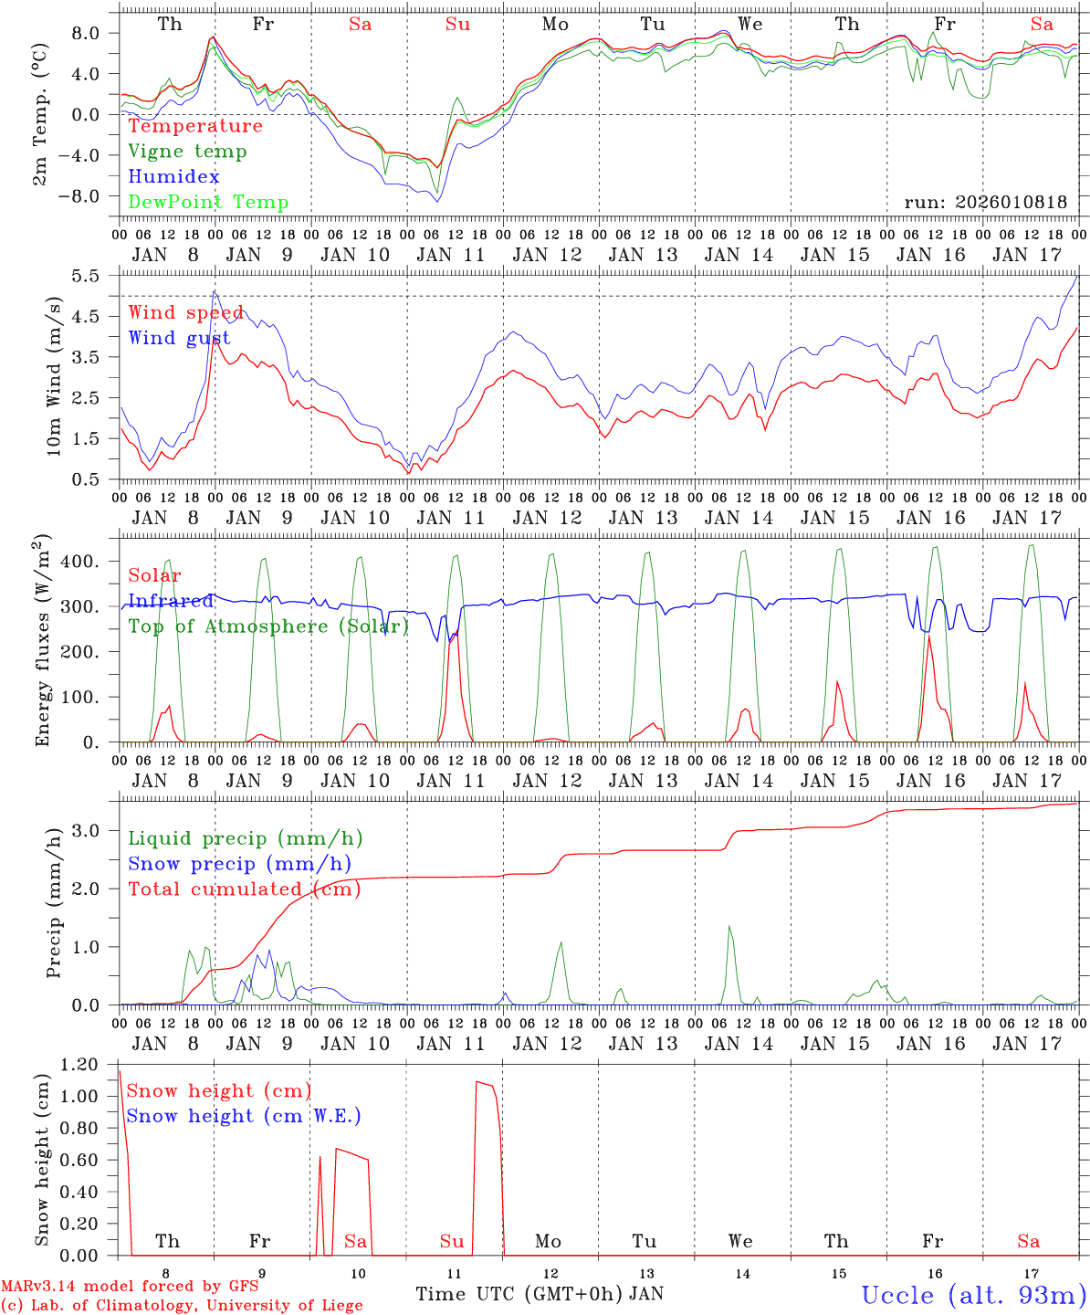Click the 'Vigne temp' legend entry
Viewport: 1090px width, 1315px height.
click(187, 152)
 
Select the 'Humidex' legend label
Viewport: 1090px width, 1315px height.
click(174, 177)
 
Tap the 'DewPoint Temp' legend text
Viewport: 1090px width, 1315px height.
click(208, 203)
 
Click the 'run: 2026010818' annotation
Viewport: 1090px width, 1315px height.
click(985, 203)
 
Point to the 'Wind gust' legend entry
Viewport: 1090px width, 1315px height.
click(180, 339)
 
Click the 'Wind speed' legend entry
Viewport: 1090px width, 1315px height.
click(186, 313)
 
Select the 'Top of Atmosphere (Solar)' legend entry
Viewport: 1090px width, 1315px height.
click(268, 626)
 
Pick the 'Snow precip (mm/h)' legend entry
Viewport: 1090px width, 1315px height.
click(240, 864)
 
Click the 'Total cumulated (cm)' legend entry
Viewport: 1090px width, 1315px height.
click(245, 889)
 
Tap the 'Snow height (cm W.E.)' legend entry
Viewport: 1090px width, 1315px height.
click(244, 1116)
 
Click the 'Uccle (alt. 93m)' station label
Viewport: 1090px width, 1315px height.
click(974, 1295)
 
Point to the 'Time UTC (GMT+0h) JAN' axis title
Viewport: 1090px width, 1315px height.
click(540, 1294)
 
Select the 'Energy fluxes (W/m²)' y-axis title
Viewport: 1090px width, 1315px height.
click(42, 639)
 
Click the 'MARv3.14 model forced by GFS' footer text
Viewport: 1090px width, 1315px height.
click(130, 1286)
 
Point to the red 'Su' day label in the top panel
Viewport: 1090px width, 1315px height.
click(457, 25)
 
